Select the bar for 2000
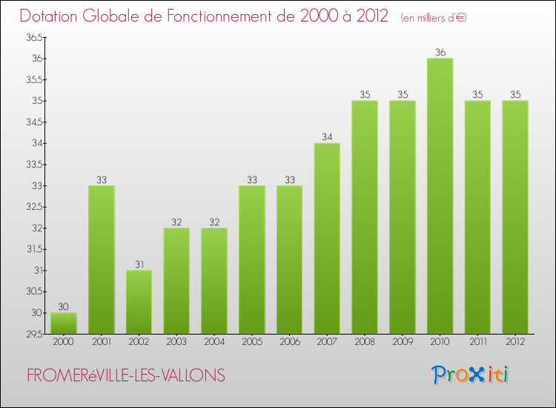tap(63, 323)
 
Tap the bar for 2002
tap(139, 302)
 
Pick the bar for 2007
tap(327, 239)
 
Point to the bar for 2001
tap(101, 260)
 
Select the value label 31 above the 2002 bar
tap(139, 264)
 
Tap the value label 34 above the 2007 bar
tap(327, 136)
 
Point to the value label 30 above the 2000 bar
tap(63, 306)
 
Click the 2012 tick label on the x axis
tap(514, 343)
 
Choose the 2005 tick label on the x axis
tap(251, 343)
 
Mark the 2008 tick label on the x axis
tap(364, 343)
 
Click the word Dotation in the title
tap(54, 16)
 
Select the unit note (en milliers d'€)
tap(434, 17)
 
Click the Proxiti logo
tap(469, 375)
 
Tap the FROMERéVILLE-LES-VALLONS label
tap(126, 376)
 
